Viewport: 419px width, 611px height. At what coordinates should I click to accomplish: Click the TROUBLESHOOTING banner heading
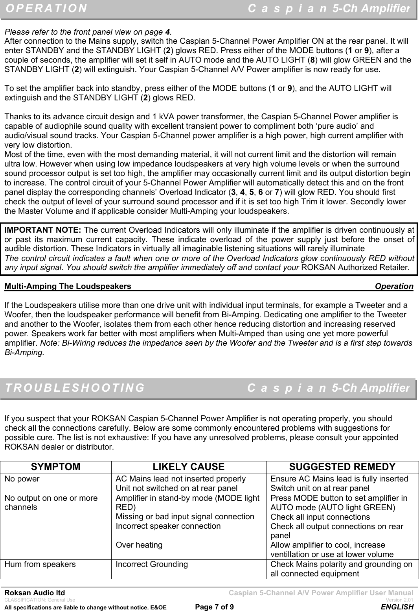click(x=75, y=388)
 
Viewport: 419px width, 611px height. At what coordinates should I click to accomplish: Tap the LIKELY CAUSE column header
click(x=188, y=467)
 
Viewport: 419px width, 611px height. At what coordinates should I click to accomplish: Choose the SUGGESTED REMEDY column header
click(x=342, y=467)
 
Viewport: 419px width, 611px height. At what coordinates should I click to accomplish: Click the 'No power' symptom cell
click(x=22, y=479)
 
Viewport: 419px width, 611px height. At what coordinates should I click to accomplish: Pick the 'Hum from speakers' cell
click(x=40, y=564)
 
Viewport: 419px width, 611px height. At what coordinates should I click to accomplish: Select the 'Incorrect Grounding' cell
click(x=152, y=564)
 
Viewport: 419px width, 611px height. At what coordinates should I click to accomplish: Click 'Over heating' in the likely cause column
click(x=139, y=545)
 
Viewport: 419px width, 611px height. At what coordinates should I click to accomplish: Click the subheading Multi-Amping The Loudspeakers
click(x=68, y=286)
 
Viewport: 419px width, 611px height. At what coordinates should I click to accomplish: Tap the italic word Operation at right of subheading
click(x=394, y=286)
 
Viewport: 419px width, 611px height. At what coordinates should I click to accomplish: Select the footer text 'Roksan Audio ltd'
click(x=35, y=593)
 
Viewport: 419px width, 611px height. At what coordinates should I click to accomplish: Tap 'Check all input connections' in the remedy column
click(x=320, y=517)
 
